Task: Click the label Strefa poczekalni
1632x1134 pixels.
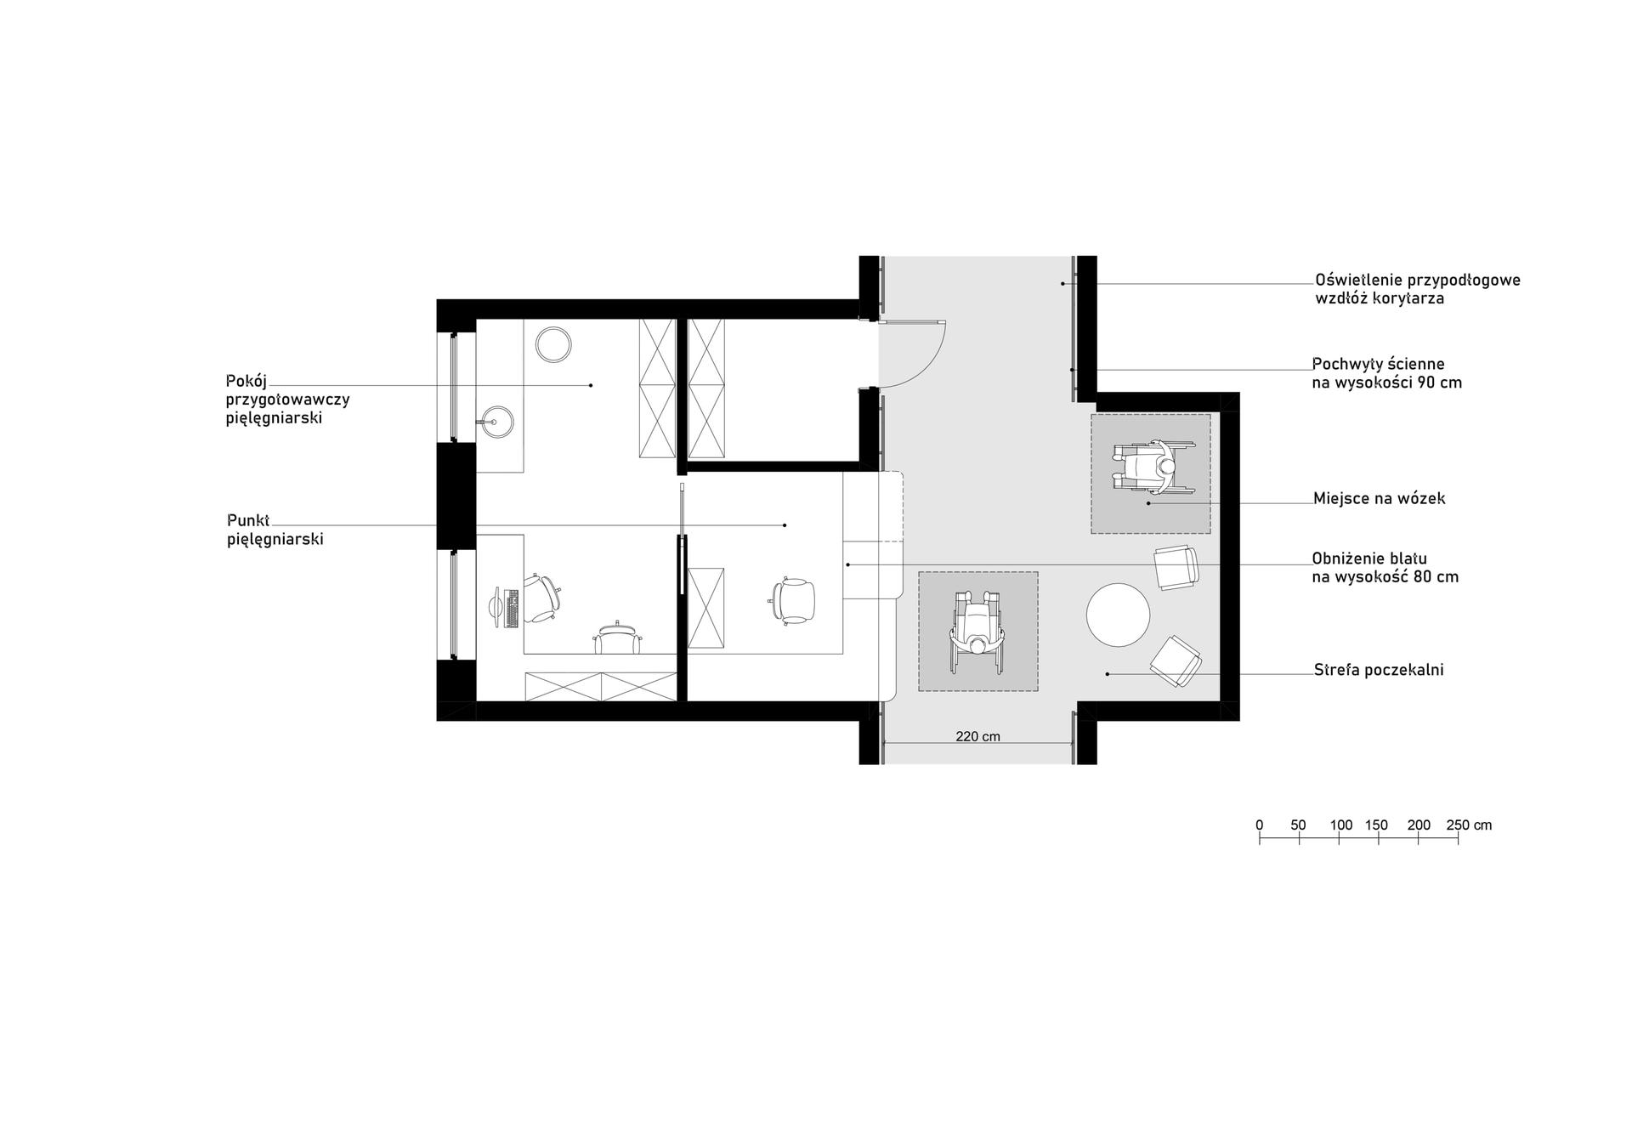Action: coord(1379,670)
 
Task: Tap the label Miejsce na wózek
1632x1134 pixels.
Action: coord(1379,498)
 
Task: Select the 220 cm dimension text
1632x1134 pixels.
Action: coord(977,736)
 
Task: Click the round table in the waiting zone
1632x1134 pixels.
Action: coord(1118,614)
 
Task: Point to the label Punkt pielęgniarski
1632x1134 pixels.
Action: coord(275,529)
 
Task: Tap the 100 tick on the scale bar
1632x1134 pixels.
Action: coord(1339,838)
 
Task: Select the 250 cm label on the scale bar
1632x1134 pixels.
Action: coord(1469,825)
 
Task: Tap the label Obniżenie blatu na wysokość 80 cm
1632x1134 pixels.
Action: coord(1385,568)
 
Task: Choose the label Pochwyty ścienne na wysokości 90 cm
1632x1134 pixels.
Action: coord(1387,373)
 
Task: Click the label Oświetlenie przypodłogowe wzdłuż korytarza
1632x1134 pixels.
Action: coord(1418,289)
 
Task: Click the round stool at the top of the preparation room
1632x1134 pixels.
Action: coord(553,345)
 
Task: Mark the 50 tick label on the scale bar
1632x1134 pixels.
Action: coord(1298,825)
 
